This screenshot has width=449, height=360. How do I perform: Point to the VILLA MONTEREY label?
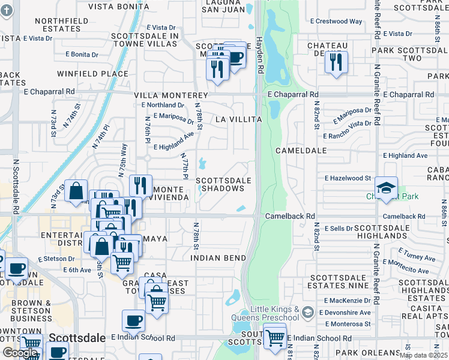click(x=170, y=96)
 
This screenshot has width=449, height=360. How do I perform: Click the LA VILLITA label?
click(x=238, y=119)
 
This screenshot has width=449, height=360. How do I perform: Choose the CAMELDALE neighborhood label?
click(x=301, y=151)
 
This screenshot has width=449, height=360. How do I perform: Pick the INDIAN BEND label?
click(x=218, y=258)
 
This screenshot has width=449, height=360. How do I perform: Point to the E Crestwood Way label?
click(x=337, y=21)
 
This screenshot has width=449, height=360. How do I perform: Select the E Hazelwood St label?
click(x=348, y=178)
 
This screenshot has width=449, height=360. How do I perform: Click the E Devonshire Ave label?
click(x=345, y=313)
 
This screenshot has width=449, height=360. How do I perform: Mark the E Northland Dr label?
click(x=166, y=105)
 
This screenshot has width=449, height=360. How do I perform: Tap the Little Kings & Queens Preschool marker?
click(x=307, y=313)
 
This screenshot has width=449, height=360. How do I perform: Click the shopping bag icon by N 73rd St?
click(x=76, y=191)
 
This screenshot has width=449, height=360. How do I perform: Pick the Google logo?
click(x=20, y=353)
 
